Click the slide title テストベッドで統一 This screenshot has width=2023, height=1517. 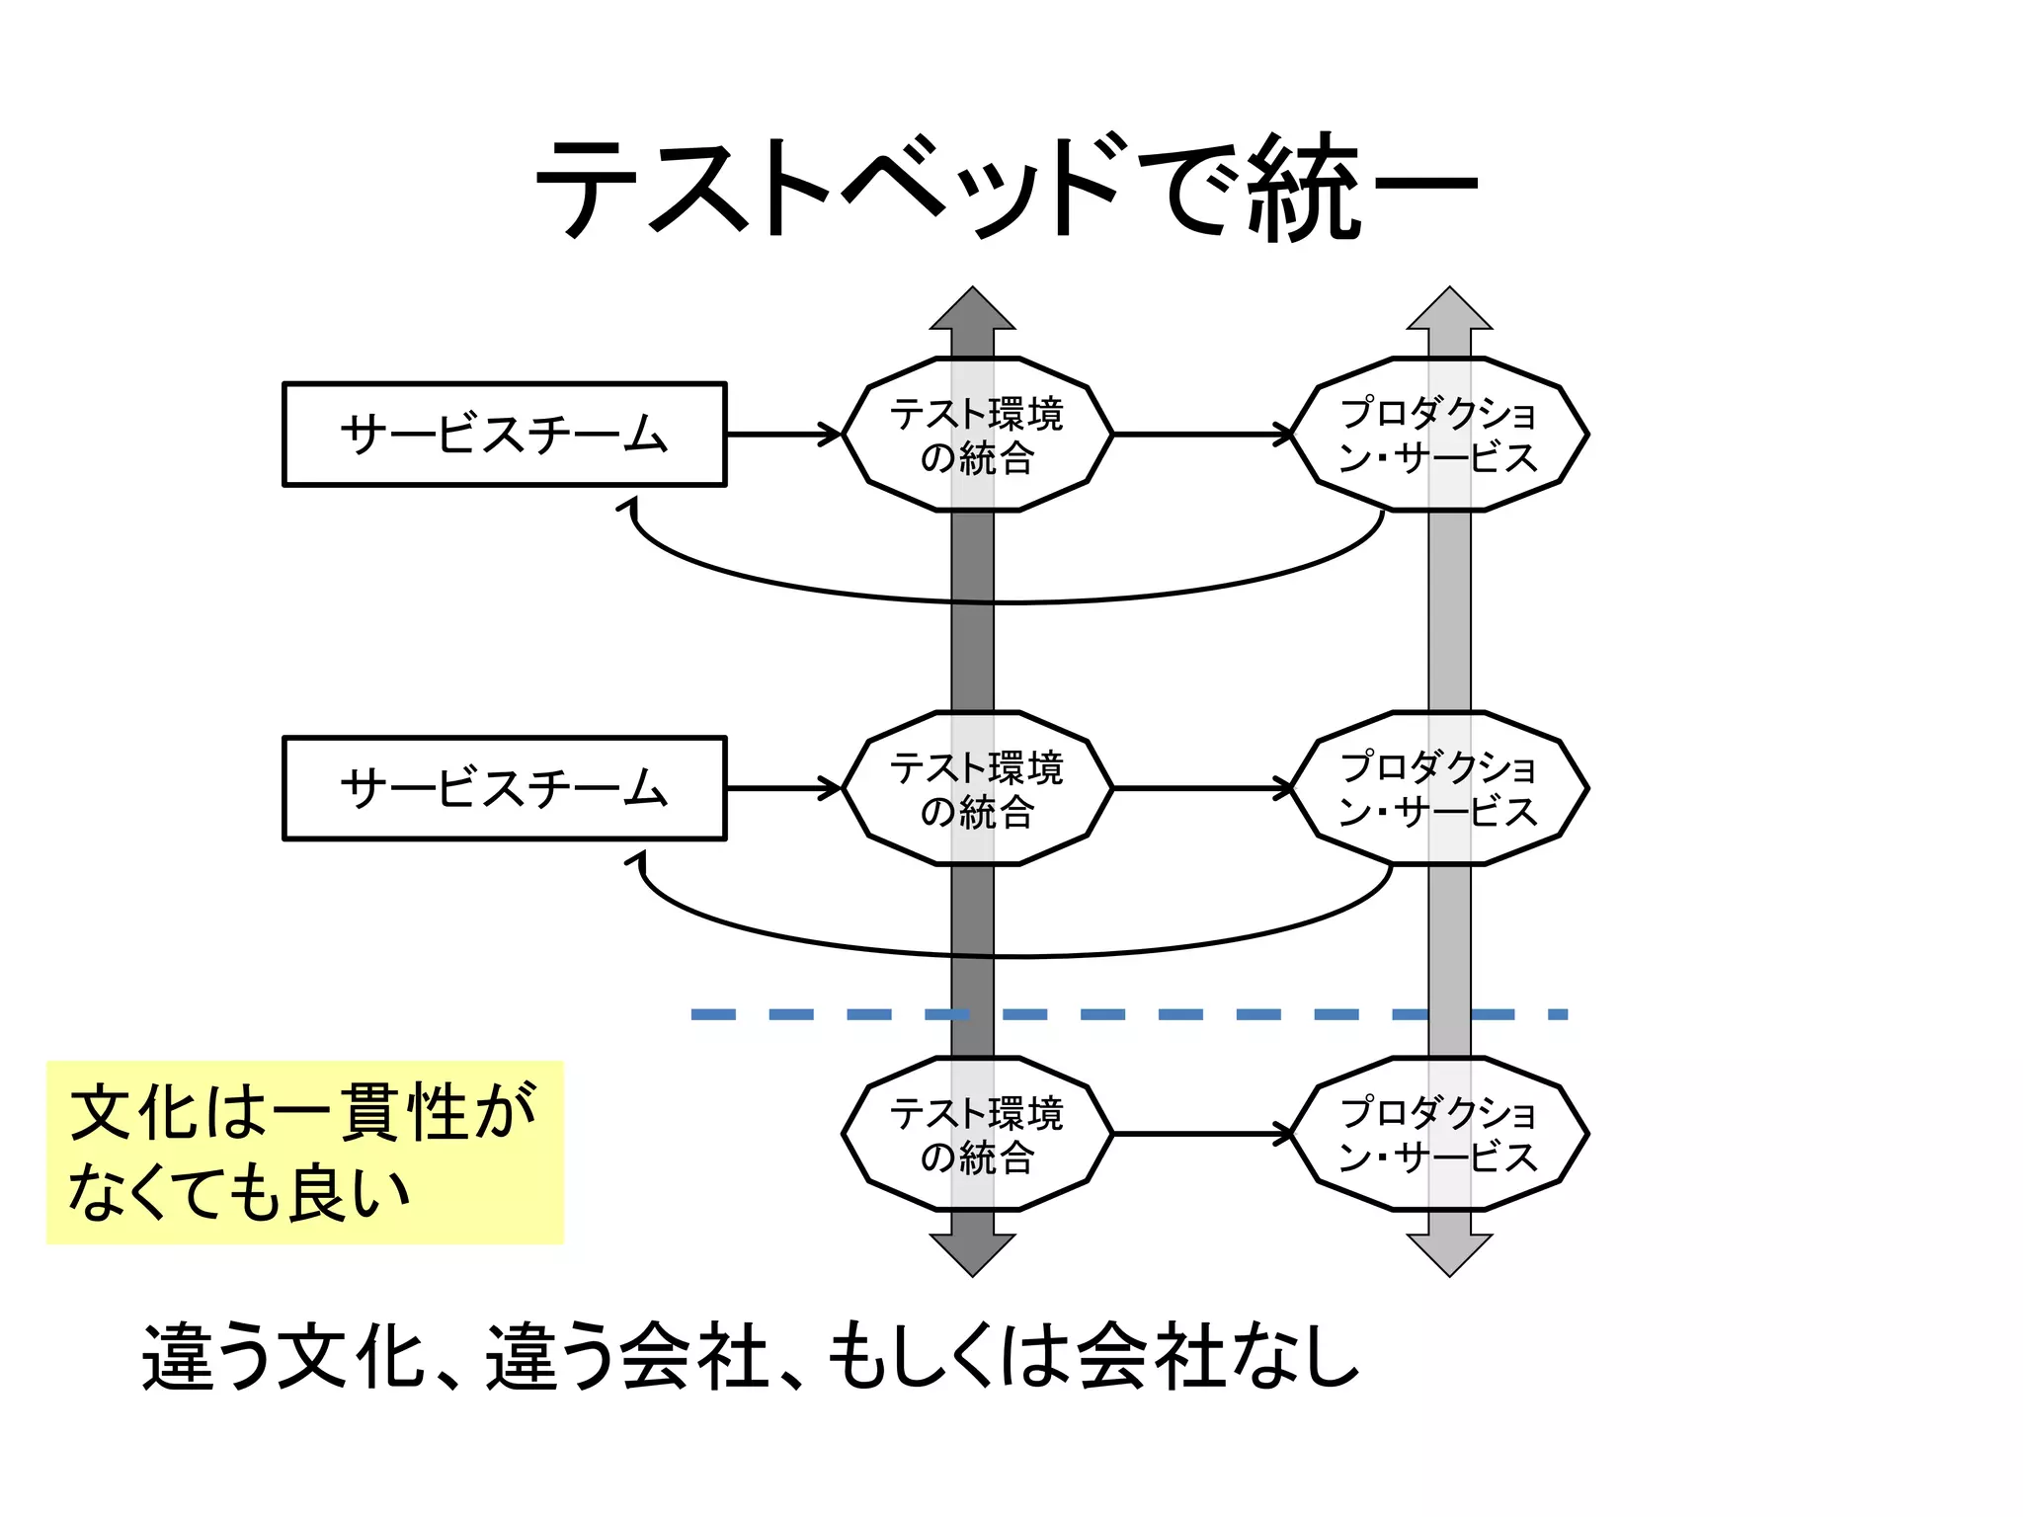click(1006, 188)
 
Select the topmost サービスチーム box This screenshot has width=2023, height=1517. click(504, 435)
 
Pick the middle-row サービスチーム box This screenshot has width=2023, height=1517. click(504, 788)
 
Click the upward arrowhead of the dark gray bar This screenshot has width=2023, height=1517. click(973, 311)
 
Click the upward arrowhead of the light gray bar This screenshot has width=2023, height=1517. click(1449, 311)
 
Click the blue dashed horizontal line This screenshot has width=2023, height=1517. click(1126, 1014)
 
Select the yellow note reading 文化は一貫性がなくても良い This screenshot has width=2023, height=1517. click(304, 1153)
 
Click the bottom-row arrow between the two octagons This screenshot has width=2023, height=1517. click(1201, 1134)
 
